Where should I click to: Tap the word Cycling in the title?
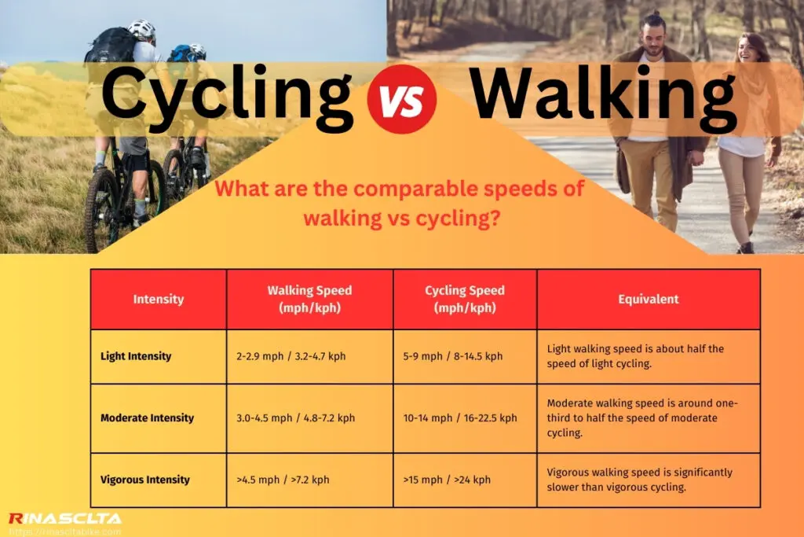[226, 96]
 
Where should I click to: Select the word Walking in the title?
[603, 96]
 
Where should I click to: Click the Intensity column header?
[159, 299]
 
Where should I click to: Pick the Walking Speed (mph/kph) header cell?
[309, 299]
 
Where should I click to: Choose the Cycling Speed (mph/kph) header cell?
[465, 299]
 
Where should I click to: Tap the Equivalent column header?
[649, 299]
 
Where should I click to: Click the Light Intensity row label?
[136, 356]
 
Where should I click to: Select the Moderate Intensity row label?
[147, 418]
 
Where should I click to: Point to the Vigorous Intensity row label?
[145, 480]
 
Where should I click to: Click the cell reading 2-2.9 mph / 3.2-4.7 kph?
[291, 356]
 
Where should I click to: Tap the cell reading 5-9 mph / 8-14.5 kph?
[453, 356]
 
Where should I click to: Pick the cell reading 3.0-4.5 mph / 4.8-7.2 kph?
[296, 418]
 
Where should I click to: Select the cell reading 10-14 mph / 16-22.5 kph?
[460, 418]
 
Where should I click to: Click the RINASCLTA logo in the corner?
[64, 519]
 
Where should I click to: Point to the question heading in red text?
[400, 204]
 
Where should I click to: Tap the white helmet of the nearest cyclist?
[141, 30]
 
